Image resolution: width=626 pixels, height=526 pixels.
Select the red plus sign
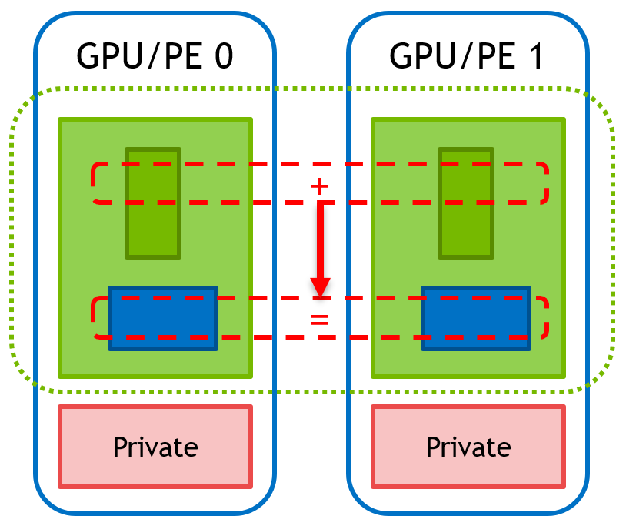318,186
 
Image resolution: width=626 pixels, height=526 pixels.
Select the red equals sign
319,317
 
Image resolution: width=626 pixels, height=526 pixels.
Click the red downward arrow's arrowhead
320,286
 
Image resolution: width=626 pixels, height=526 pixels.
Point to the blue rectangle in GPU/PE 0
163,318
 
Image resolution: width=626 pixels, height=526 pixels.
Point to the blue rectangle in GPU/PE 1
476,318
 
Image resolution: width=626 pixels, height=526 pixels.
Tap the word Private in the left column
155,447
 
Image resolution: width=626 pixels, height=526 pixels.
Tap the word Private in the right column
468,447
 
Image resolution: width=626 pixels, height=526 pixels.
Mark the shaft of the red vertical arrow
320,239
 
